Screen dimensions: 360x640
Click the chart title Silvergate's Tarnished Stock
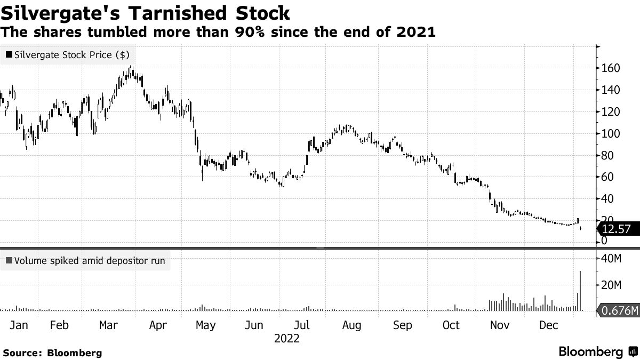pos(146,12)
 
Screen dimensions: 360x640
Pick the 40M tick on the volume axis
pos(611,259)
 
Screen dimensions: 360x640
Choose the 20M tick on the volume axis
pos(611,285)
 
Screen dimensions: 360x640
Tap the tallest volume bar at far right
pos(580,291)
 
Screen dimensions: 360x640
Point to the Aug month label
pos(351,325)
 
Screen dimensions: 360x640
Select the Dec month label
pos(549,325)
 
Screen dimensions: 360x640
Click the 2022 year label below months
pos(286,338)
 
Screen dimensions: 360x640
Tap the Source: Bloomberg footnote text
pos(52,353)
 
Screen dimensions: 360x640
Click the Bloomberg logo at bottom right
pos(597,352)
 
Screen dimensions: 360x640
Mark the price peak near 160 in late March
pos(131,69)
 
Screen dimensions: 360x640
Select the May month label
pos(205,325)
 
